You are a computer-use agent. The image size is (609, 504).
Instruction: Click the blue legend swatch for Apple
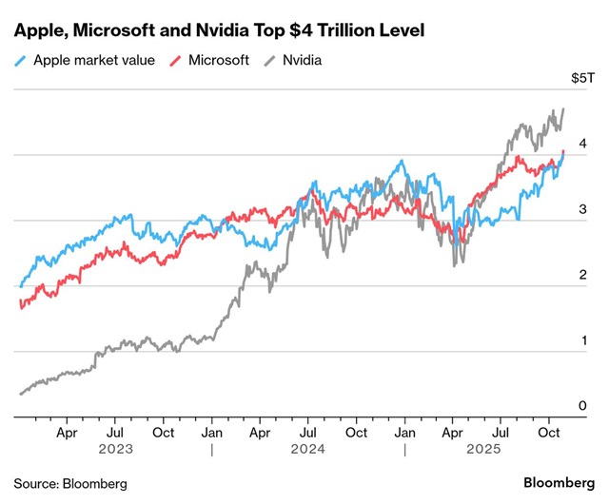(x=21, y=60)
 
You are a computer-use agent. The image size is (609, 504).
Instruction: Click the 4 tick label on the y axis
(x=582, y=145)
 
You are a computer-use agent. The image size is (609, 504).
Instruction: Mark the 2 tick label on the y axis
(x=582, y=275)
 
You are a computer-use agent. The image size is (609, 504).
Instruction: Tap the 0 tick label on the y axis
(x=582, y=406)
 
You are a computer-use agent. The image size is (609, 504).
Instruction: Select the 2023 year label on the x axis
(x=114, y=450)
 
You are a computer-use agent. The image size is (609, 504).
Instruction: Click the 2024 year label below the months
(x=308, y=450)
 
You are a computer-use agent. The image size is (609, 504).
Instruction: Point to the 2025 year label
(x=501, y=450)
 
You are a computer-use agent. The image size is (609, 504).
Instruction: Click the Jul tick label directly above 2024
(x=307, y=433)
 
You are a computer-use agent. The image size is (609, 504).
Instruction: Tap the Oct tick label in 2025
(x=549, y=433)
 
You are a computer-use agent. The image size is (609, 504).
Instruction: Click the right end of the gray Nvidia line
(x=563, y=108)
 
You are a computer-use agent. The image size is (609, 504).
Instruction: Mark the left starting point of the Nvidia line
(x=20, y=393)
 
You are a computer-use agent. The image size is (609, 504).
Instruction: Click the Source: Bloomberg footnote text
(x=69, y=483)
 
